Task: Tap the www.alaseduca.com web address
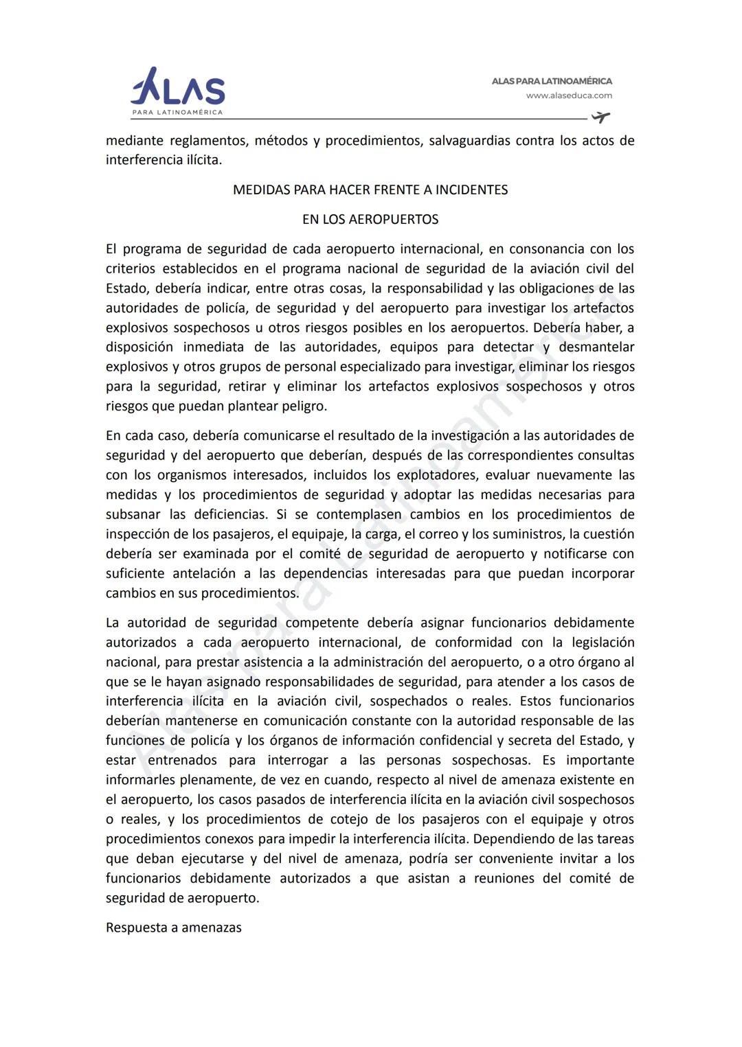(569, 96)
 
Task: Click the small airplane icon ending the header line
(600, 117)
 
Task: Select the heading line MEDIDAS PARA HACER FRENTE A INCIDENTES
(370, 190)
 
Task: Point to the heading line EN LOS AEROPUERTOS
(370, 220)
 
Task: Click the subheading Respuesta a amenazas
(174, 928)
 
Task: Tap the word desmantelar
(596, 347)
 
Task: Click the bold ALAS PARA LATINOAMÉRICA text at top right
(551, 81)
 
